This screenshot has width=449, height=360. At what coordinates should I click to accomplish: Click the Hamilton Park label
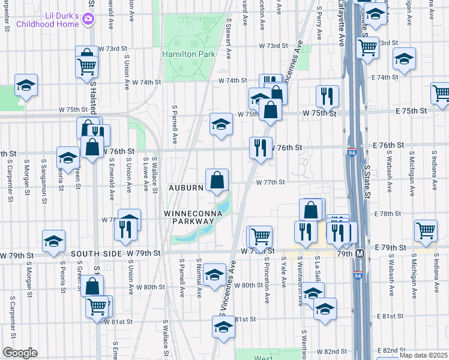(188, 54)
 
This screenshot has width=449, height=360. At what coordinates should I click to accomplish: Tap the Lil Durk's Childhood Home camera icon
(88, 19)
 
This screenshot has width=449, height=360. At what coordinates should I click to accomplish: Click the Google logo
(20, 353)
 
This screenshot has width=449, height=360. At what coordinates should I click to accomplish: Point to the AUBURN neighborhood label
(187, 188)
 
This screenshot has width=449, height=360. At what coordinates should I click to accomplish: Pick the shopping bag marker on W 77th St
(217, 179)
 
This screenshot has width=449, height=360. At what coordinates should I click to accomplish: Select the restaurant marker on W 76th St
(260, 148)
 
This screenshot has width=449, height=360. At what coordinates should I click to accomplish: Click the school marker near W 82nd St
(223, 328)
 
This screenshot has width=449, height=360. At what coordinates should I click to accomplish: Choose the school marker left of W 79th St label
(53, 241)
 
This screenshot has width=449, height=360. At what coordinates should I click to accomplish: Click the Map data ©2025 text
(423, 355)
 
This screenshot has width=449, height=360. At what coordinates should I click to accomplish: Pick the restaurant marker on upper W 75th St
(327, 95)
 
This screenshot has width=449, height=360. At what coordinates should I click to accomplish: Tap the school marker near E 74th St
(405, 59)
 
